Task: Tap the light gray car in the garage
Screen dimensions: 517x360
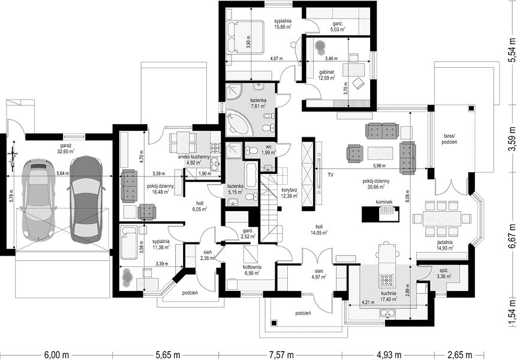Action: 38,198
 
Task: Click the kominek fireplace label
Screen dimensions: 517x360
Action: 383,201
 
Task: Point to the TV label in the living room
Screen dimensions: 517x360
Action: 330,175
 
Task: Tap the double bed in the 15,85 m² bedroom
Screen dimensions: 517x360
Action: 245,37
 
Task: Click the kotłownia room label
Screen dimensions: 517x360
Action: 253,267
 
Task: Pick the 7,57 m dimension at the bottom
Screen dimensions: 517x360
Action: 281,355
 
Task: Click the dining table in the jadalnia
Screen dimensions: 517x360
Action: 442,218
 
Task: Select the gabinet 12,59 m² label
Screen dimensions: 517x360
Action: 326,75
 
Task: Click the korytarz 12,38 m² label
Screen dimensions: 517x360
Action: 290,193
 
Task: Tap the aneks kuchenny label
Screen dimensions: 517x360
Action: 194,157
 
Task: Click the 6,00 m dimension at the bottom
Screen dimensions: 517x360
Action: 56,355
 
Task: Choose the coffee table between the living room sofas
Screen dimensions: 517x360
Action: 380,154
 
